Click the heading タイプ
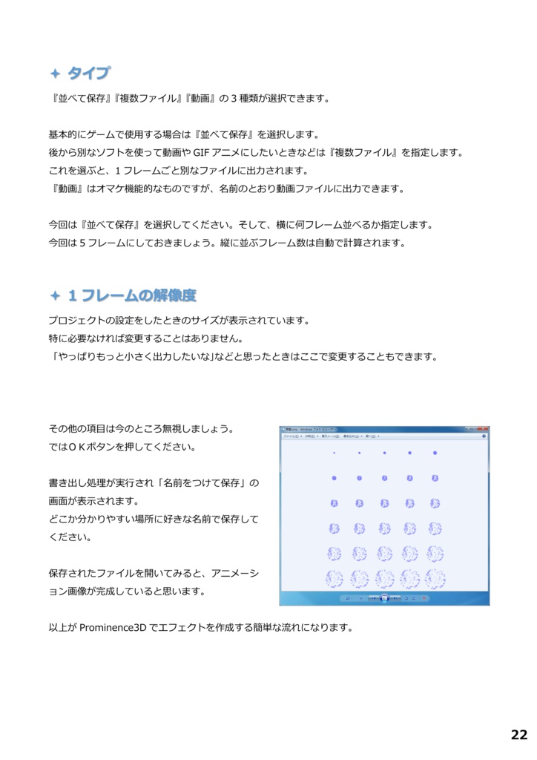(88, 73)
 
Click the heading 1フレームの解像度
(132, 295)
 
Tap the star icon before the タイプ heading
(55, 73)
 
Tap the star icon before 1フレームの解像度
(55, 296)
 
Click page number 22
(518, 735)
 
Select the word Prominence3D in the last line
(113, 627)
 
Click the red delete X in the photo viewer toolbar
(424, 597)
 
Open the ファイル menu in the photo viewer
(291, 437)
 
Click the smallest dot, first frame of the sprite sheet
(335, 453)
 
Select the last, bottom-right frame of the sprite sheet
(435, 578)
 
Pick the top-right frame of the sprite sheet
(435, 453)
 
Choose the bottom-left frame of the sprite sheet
(335, 578)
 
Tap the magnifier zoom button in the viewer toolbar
(347, 597)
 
